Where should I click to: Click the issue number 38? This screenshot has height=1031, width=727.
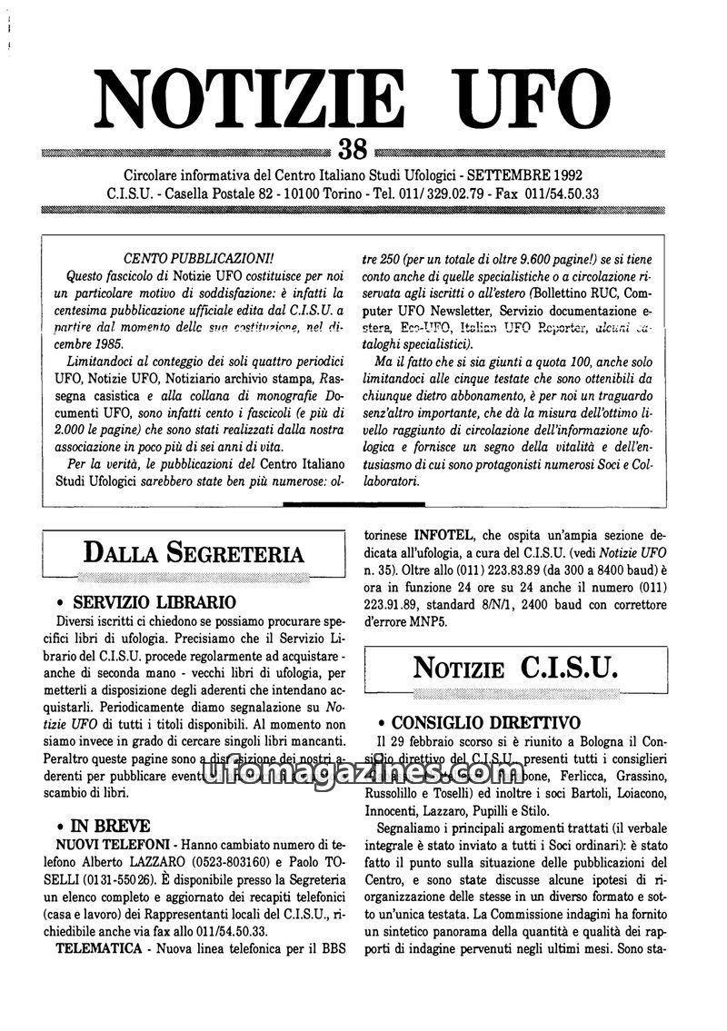coord(352,147)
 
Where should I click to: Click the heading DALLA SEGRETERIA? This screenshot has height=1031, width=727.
coord(194,551)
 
